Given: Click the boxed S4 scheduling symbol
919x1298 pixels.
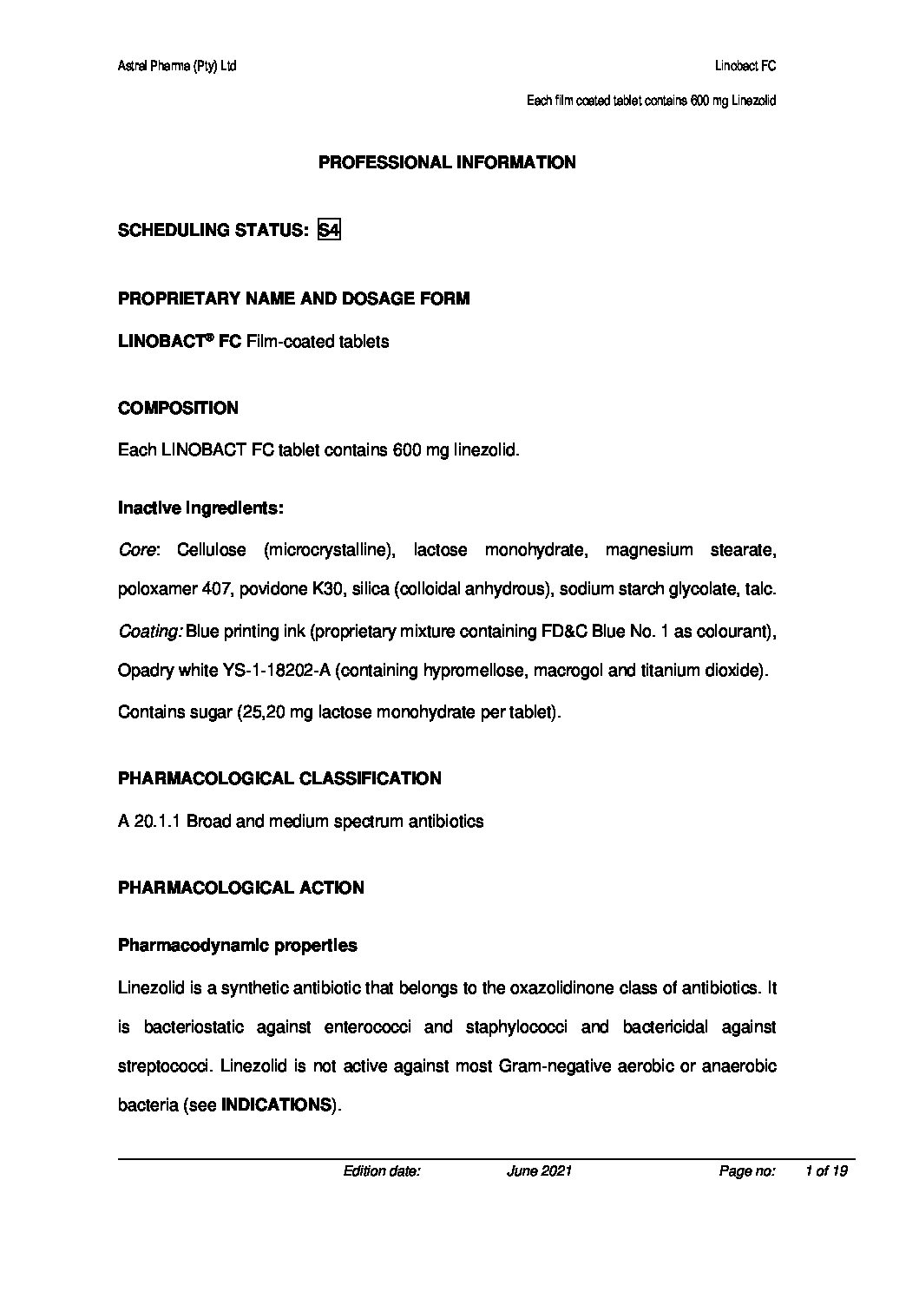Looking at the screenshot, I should pos(329,230).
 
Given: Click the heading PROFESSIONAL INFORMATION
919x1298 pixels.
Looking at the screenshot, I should pos(447,162).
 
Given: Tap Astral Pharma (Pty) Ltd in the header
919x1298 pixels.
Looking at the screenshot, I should pos(176,66).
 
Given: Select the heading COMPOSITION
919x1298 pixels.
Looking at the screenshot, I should pos(178,408).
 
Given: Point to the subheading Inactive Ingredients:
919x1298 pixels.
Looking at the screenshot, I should pos(200,508).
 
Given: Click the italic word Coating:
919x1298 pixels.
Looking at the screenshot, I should pos(149,632).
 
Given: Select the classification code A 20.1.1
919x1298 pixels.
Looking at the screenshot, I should pos(149,821).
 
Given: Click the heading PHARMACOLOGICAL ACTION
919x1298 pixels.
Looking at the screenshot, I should pos(240,888).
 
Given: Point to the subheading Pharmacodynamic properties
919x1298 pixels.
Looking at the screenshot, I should pos(237,946).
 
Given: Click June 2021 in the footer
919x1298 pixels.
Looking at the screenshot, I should pos(539,1171).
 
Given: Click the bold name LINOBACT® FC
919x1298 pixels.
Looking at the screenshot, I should pos(179,342).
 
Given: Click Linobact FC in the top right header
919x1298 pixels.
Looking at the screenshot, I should pos(745,66).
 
